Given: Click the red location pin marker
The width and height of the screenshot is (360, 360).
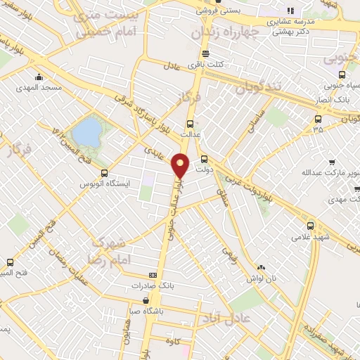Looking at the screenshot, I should (x=181, y=166).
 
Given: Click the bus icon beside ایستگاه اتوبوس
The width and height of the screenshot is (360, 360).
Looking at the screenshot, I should (x=104, y=173).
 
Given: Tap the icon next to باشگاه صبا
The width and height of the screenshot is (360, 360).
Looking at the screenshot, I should (x=146, y=300).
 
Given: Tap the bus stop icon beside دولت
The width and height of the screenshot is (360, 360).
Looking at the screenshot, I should (x=205, y=159).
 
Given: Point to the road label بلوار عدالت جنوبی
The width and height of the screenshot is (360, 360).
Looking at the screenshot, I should (x=173, y=204).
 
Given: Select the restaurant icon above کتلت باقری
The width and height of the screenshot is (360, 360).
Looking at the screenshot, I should (x=205, y=53).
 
